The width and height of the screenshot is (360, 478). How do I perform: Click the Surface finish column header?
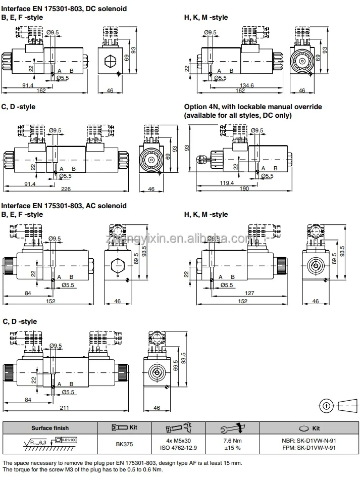50,428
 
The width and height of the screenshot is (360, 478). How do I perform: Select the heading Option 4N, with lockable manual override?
253,107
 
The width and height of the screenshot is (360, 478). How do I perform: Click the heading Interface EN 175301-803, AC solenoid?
64,206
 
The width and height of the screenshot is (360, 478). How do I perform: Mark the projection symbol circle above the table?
327,406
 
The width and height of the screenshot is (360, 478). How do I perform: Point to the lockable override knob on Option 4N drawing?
200,159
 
